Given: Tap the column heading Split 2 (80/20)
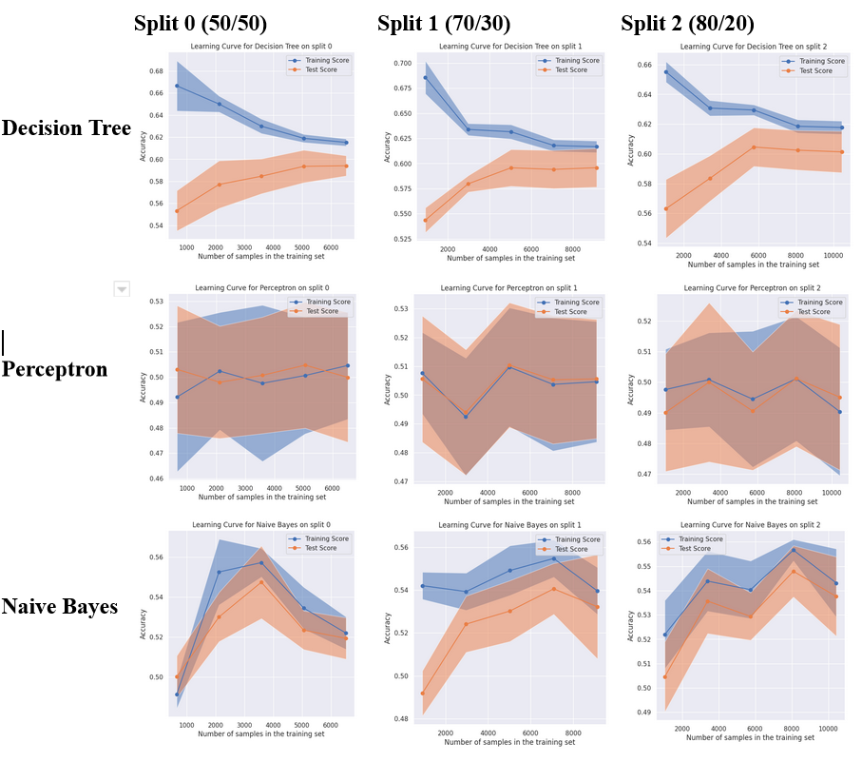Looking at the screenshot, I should pos(700,23).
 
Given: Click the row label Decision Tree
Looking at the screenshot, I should pos(66,129).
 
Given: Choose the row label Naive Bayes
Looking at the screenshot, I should pos(59,606).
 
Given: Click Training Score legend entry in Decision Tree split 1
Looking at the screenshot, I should pos(577,61).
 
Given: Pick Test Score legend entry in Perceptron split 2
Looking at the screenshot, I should pos(819,312).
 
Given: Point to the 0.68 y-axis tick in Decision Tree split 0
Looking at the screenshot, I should pos(155,71).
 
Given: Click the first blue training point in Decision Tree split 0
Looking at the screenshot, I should pos(177,87).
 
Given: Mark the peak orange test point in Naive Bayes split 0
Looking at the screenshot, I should pos(261,581).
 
